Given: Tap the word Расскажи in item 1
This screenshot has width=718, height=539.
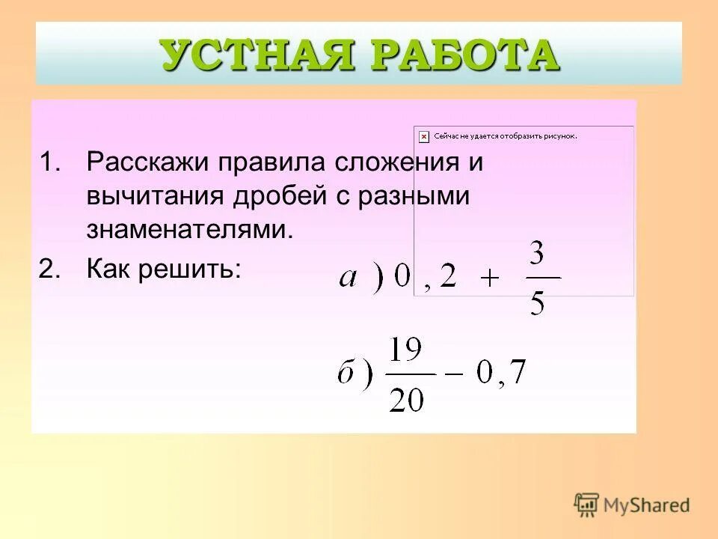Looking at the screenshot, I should (147, 162).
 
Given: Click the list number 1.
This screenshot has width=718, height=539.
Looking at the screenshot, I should (49, 162).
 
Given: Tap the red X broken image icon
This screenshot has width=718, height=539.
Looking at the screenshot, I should (424, 136).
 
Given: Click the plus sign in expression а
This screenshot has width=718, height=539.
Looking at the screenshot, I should (489, 278).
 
